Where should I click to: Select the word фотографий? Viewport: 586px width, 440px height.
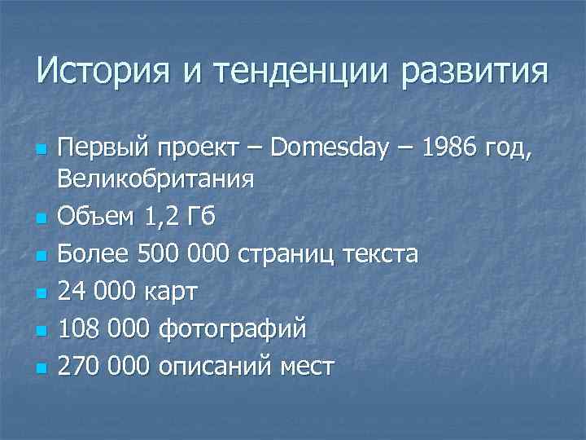[234, 329]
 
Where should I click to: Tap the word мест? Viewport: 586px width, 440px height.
[306, 367]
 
